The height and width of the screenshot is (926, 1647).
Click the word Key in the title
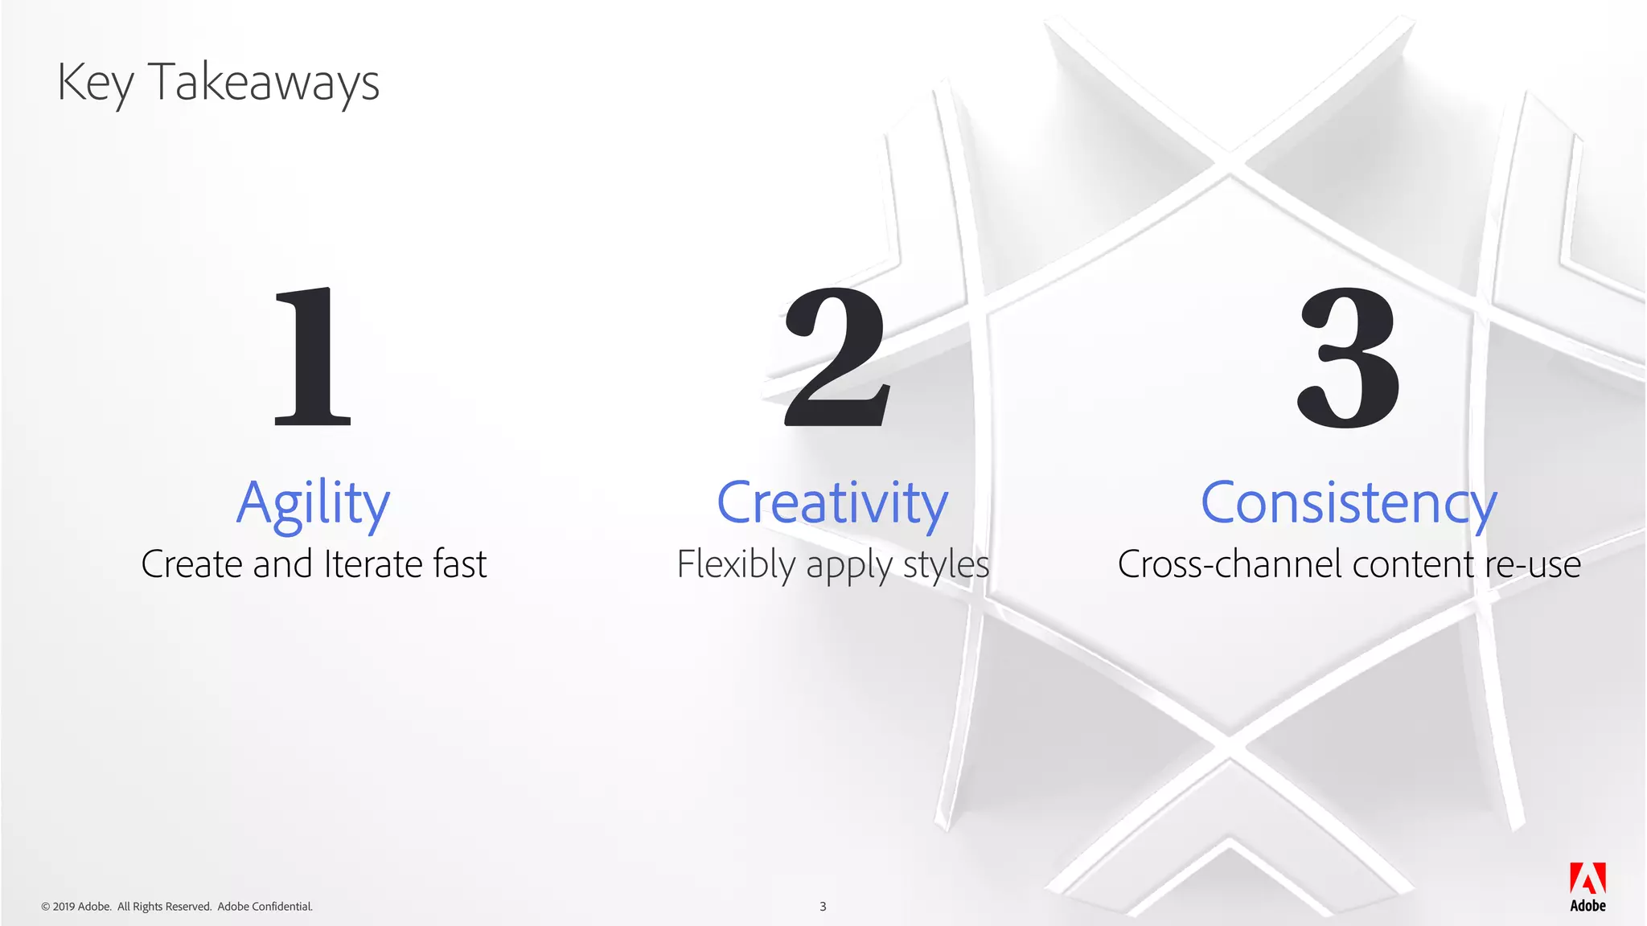pos(95,84)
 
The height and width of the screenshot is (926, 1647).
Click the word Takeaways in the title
pos(264,84)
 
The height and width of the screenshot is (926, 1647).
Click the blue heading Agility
pos(313,503)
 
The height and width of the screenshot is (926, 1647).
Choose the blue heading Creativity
pos(832,503)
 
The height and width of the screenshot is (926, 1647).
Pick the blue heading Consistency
pos(1349,503)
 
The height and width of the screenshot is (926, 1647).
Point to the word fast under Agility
pos(460,564)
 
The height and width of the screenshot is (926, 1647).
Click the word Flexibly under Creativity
pos(736,564)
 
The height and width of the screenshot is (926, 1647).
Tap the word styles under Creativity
pos(946,564)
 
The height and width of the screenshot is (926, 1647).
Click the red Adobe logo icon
pos(1587,879)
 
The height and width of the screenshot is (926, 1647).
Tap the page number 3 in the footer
pos(823,907)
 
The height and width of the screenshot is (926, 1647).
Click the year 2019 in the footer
pos(64,907)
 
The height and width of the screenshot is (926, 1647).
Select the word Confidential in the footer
pos(281,907)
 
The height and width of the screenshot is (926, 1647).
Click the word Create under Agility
pos(192,564)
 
